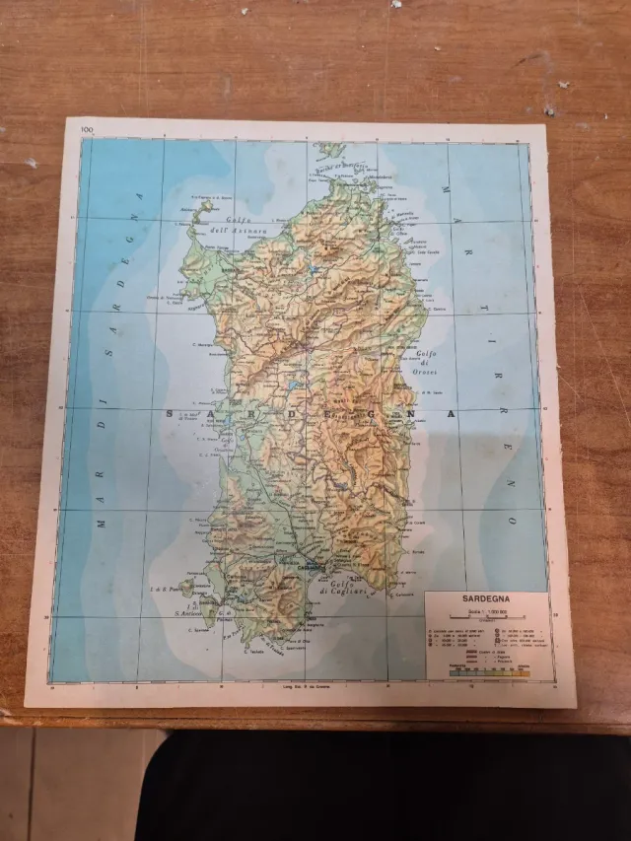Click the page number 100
[86, 129]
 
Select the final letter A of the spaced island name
[452, 415]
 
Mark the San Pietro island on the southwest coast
[187, 590]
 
